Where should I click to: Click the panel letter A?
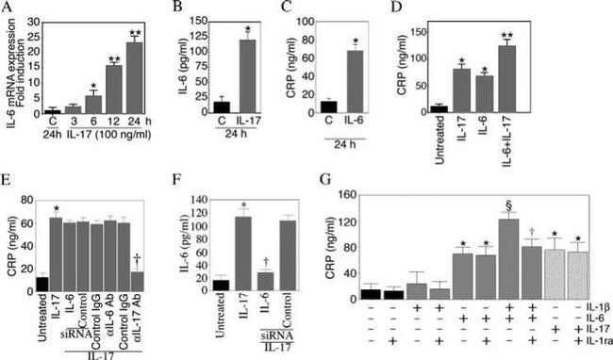8,8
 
